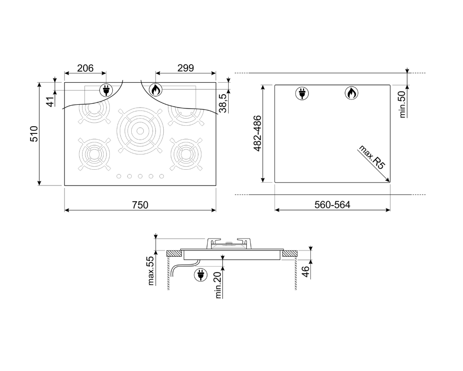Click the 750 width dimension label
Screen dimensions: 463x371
(x=140, y=205)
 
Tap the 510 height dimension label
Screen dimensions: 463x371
(x=34, y=134)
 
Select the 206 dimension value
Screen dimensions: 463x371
(x=85, y=68)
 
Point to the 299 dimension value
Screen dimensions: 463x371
(x=186, y=68)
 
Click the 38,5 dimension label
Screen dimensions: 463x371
(x=223, y=103)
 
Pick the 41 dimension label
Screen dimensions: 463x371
(x=51, y=102)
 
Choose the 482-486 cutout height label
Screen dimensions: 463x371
(x=258, y=133)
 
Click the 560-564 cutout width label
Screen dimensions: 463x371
(x=332, y=205)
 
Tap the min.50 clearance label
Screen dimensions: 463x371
(x=402, y=104)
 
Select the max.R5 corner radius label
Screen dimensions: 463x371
(x=372, y=157)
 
